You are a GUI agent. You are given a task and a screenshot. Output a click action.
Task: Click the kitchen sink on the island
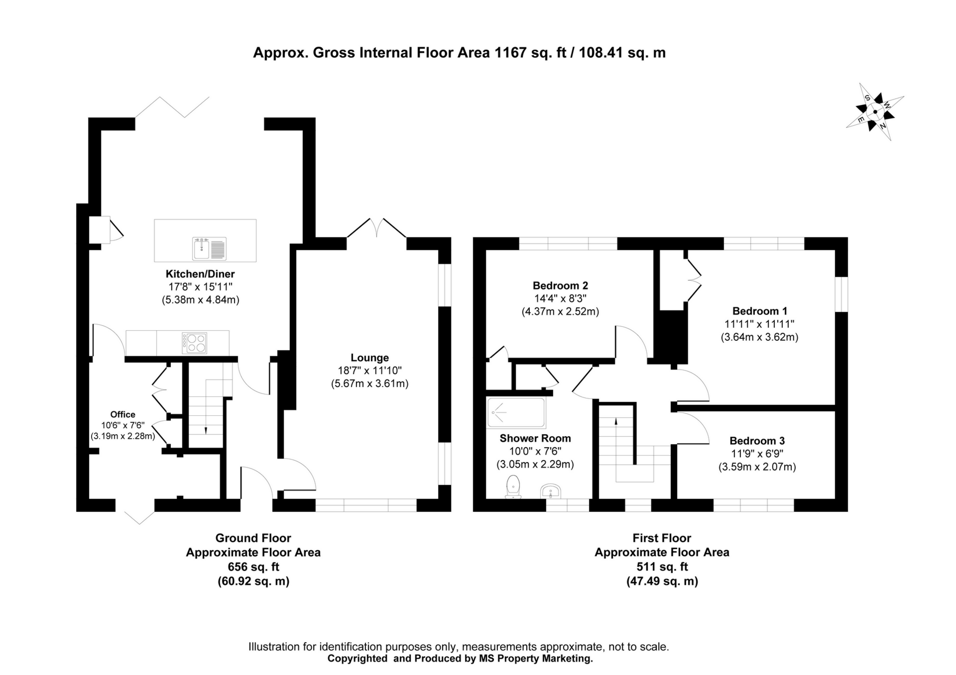tap(209, 248)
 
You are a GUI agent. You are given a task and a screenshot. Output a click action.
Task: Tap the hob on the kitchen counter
tap(195, 343)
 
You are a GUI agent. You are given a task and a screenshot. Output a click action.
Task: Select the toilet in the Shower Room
tap(513, 486)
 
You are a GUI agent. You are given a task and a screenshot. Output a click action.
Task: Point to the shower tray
tap(516, 412)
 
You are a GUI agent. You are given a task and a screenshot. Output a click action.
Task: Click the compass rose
tap(875, 112)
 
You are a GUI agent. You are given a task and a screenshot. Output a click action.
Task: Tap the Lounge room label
tap(369, 358)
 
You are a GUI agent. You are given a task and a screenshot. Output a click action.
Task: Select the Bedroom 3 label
tap(757, 441)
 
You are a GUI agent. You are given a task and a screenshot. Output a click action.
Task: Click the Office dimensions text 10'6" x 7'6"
tap(122, 425)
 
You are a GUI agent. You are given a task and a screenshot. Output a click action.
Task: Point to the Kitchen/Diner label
tap(200, 274)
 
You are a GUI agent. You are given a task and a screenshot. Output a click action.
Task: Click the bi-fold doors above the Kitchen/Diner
tap(173, 107)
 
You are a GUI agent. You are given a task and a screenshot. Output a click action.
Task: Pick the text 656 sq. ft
tap(253, 567)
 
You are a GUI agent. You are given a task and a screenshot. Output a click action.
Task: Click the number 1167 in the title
tap(510, 53)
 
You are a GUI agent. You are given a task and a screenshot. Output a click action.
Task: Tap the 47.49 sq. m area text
tap(662, 581)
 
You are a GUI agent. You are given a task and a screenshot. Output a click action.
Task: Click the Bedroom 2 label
tap(560, 286)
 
